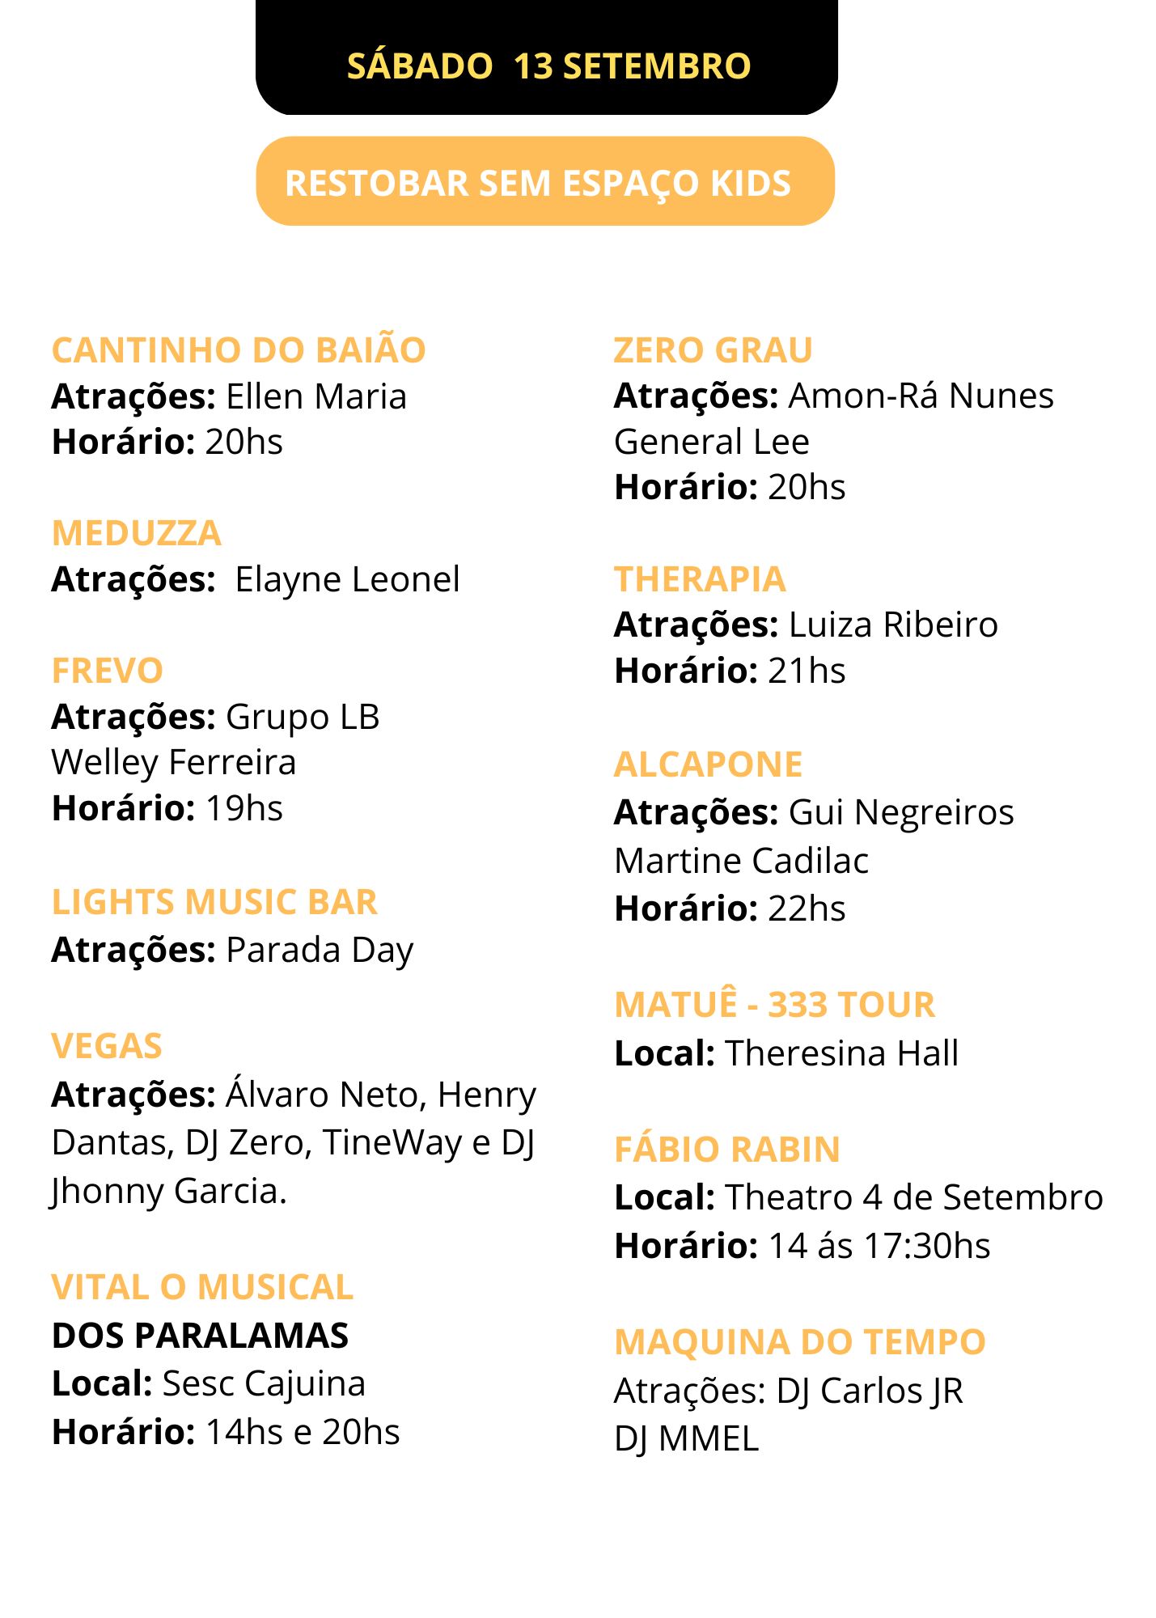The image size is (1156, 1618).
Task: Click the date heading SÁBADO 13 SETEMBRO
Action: (548, 66)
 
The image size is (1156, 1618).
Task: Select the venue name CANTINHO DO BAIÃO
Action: (239, 350)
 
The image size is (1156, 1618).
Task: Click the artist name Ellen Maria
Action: (316, 397)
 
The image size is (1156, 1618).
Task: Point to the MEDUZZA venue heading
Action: (136, 534)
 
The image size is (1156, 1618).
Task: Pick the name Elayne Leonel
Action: (347, 580)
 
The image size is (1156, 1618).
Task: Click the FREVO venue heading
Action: (108, 671)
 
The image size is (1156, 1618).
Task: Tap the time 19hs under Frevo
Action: (244, 808)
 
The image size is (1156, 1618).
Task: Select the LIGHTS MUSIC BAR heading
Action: (214, 903)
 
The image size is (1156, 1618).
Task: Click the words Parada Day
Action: (320, 951)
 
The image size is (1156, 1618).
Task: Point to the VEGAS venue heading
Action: (107, 1047)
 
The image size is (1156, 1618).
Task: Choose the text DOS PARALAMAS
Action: (200, 1336)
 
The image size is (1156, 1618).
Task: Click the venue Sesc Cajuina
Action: (264, 1384)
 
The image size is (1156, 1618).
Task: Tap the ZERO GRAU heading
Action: (713, 350)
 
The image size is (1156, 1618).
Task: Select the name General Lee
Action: (712, 443)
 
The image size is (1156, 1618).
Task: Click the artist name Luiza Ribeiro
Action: (893, 625)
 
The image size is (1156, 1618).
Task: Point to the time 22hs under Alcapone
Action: (807, 909)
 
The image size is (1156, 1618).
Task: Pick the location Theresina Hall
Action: (841, 1054)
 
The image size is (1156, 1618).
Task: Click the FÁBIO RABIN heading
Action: (727, 1150)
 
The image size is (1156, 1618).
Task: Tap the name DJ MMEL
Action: (686, 1439)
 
